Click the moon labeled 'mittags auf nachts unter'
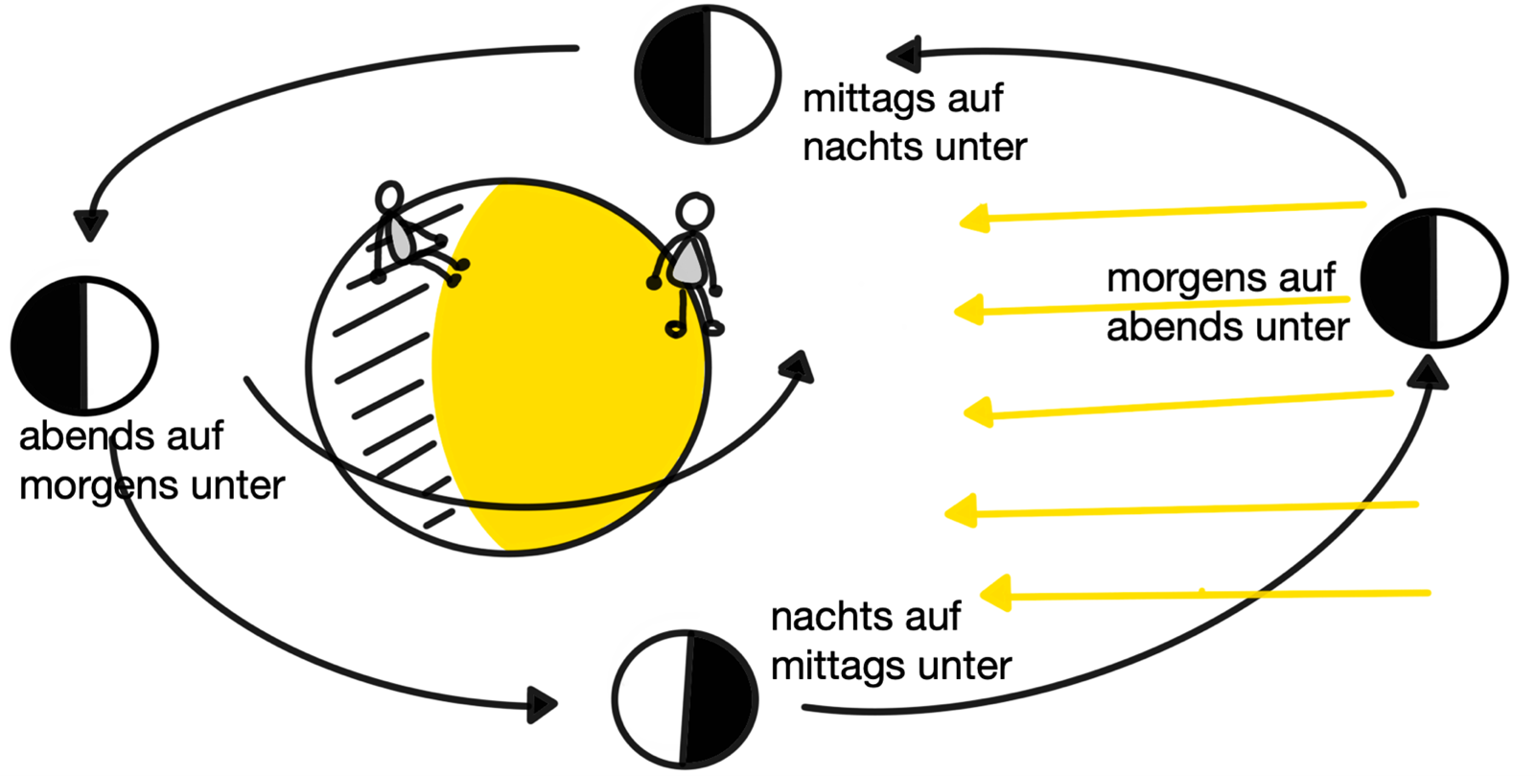(x=708, y=75)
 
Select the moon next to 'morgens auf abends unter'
(x=1433, y=278)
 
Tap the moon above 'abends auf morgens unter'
(x=84, y=345)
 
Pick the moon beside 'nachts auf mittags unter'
(x=686, y=698)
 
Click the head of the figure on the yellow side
(x=694, y=212)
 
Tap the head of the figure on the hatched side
(x=389, y=197)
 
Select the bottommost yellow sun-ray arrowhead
(x=995, y=593)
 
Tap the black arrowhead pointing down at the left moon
(x=91, y=225)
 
